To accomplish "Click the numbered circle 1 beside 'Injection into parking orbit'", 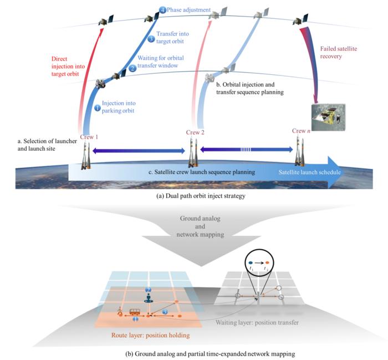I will [98, 108].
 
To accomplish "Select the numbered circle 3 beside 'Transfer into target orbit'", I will [151, 39].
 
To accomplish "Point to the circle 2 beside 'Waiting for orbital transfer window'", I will [132, 68].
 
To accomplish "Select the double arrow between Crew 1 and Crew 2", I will [139, 150].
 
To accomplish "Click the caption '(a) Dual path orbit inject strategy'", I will [193, 196].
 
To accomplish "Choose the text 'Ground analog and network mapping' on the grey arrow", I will [193, 226].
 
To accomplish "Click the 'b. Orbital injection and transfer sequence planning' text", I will [249, 89].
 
